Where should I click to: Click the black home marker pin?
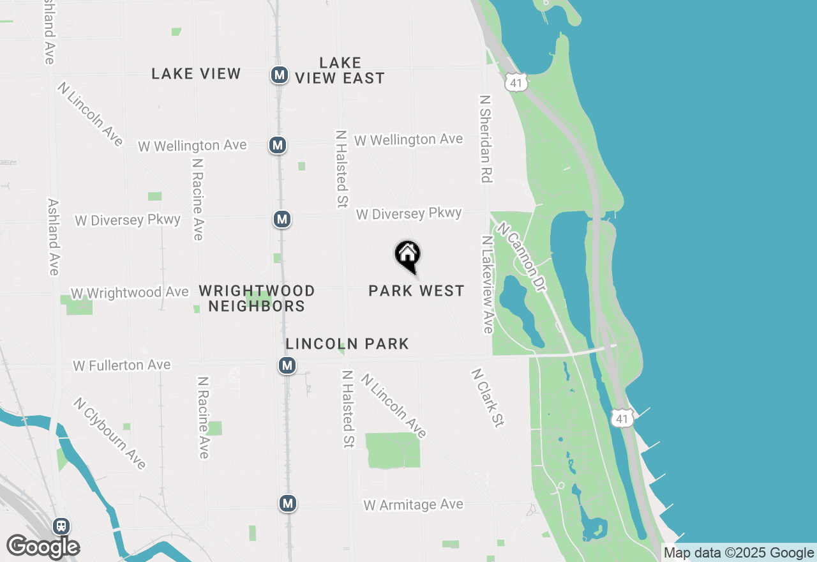point(407,255)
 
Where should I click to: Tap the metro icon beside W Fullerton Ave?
point(287,365)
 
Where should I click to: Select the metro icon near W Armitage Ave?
point(288,503)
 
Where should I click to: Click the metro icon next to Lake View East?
point(278,75)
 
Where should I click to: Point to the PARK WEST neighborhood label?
point(416,291)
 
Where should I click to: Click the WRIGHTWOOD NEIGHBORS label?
point(257,298)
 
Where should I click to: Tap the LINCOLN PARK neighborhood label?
point(347,344)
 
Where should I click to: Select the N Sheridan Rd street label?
point(486,139)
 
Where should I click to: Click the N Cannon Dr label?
point(522,257)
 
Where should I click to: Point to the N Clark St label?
point(488,397)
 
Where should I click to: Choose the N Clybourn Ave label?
point(110,433)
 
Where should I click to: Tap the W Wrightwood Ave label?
point(130,292)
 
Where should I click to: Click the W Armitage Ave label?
point(413,505)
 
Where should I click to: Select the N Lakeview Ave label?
point(488,284)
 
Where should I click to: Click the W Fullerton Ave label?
point(122,365)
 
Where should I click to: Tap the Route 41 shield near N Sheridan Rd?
point(516,82)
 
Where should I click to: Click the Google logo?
point(43,547)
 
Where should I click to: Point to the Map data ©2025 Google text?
point(739,553)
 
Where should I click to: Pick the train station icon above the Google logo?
point(61,526)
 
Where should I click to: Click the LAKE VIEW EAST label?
point(340,70)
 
